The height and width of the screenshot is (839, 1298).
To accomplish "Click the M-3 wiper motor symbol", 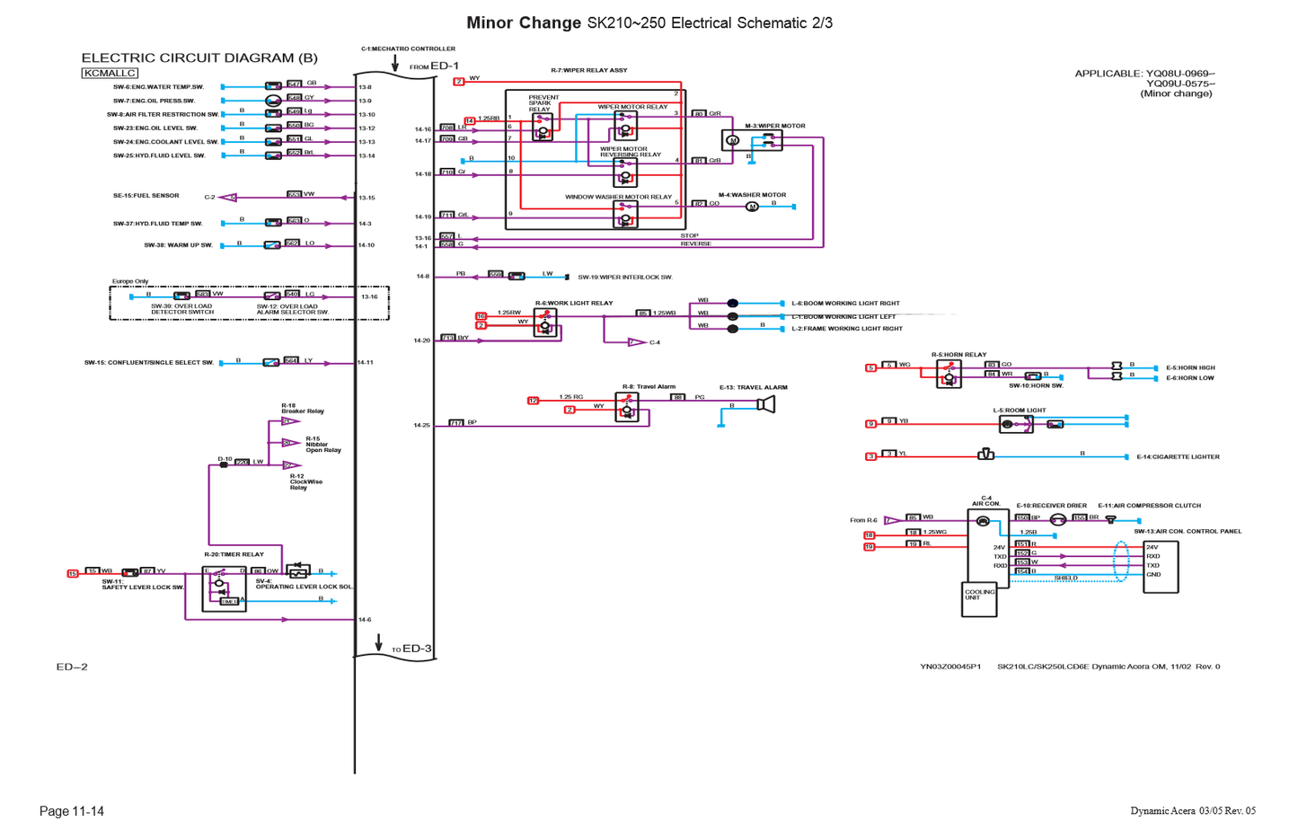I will [732, 140].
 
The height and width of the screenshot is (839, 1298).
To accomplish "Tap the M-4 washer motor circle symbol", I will [752, 207].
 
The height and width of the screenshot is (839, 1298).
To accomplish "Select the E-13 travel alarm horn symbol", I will [765, 405].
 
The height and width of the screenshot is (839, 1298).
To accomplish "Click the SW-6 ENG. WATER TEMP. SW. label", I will [158, 87].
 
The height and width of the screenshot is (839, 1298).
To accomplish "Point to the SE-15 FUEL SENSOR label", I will [146, 196].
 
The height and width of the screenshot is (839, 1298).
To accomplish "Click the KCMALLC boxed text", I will [110, 74].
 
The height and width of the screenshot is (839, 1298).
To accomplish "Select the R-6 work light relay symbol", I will [544, 322].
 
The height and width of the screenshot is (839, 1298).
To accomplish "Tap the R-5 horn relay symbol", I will [948, 375].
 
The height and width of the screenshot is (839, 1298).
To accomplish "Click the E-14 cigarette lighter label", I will [1178, 457].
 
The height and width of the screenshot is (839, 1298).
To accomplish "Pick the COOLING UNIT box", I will [979, 599].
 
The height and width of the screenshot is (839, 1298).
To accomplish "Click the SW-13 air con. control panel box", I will [1160, 567].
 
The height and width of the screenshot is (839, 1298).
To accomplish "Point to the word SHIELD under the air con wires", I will [1065, 578].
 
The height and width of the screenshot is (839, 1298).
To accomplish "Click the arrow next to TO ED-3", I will [379, 642].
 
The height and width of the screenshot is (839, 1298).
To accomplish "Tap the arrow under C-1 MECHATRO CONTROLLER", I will [394, 64].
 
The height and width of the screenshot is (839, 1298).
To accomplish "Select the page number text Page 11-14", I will [72, 811].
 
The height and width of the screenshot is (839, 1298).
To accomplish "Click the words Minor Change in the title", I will [523, 22].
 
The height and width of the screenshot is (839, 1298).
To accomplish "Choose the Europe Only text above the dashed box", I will [130, 281].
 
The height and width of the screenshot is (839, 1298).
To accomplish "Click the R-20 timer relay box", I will [224, 589].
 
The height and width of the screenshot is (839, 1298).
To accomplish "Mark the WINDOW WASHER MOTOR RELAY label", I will [618, 197].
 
